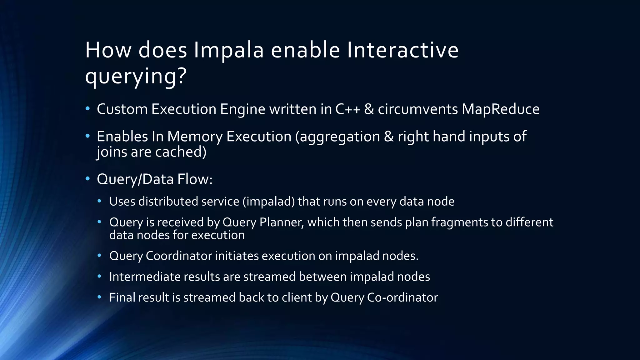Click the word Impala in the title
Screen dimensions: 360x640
229,51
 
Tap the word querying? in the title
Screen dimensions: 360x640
136,76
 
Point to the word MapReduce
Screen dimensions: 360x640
500,109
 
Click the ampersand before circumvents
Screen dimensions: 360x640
369,109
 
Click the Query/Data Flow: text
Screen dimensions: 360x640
155,179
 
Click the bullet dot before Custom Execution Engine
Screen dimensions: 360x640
88,109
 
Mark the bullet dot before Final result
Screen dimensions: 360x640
100,297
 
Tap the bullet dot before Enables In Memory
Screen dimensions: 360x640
88,136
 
